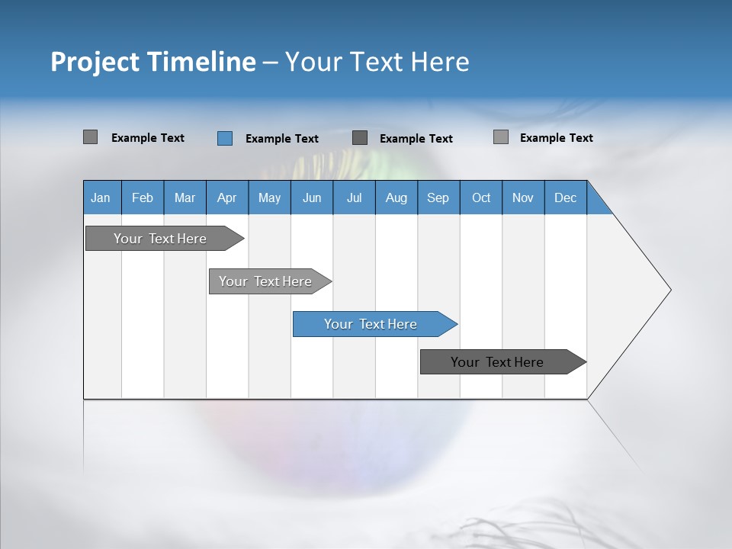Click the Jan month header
pos(101,197)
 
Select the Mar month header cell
pos(185,197)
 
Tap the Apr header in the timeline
pos(226,197)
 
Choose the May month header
pos(269,197)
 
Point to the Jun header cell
pos(312,197)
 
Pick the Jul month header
pos(354,197)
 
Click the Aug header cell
pos(396,197)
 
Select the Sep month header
pos(438,197)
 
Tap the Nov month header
pos(523,197)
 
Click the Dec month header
pos(565,197)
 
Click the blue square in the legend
pos(224,138)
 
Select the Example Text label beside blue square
pos(281,139)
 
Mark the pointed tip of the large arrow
pos(669,290)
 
